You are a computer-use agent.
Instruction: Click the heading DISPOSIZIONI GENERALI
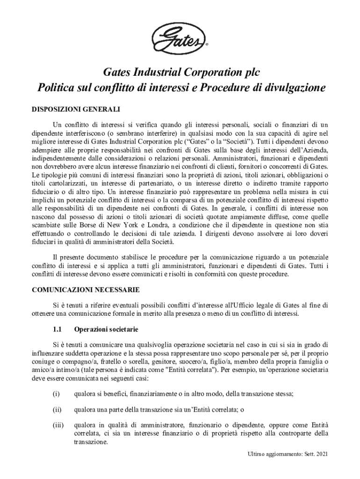tap(76, 109)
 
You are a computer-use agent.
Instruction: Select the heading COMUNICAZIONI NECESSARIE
tap(85, 289)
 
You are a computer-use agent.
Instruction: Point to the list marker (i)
tap(56, 393)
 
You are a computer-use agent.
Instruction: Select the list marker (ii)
tap(57, 410)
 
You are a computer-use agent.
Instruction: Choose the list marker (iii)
tap(58, 426)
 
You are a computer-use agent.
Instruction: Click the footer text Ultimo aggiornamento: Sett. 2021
tap(288, 455)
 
